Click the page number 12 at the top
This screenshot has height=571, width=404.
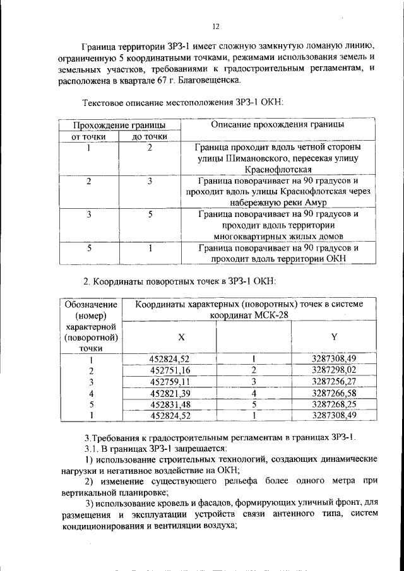(215, 26)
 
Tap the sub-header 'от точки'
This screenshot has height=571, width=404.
(88, 136)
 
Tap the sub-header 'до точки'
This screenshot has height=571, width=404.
(150, 136)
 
